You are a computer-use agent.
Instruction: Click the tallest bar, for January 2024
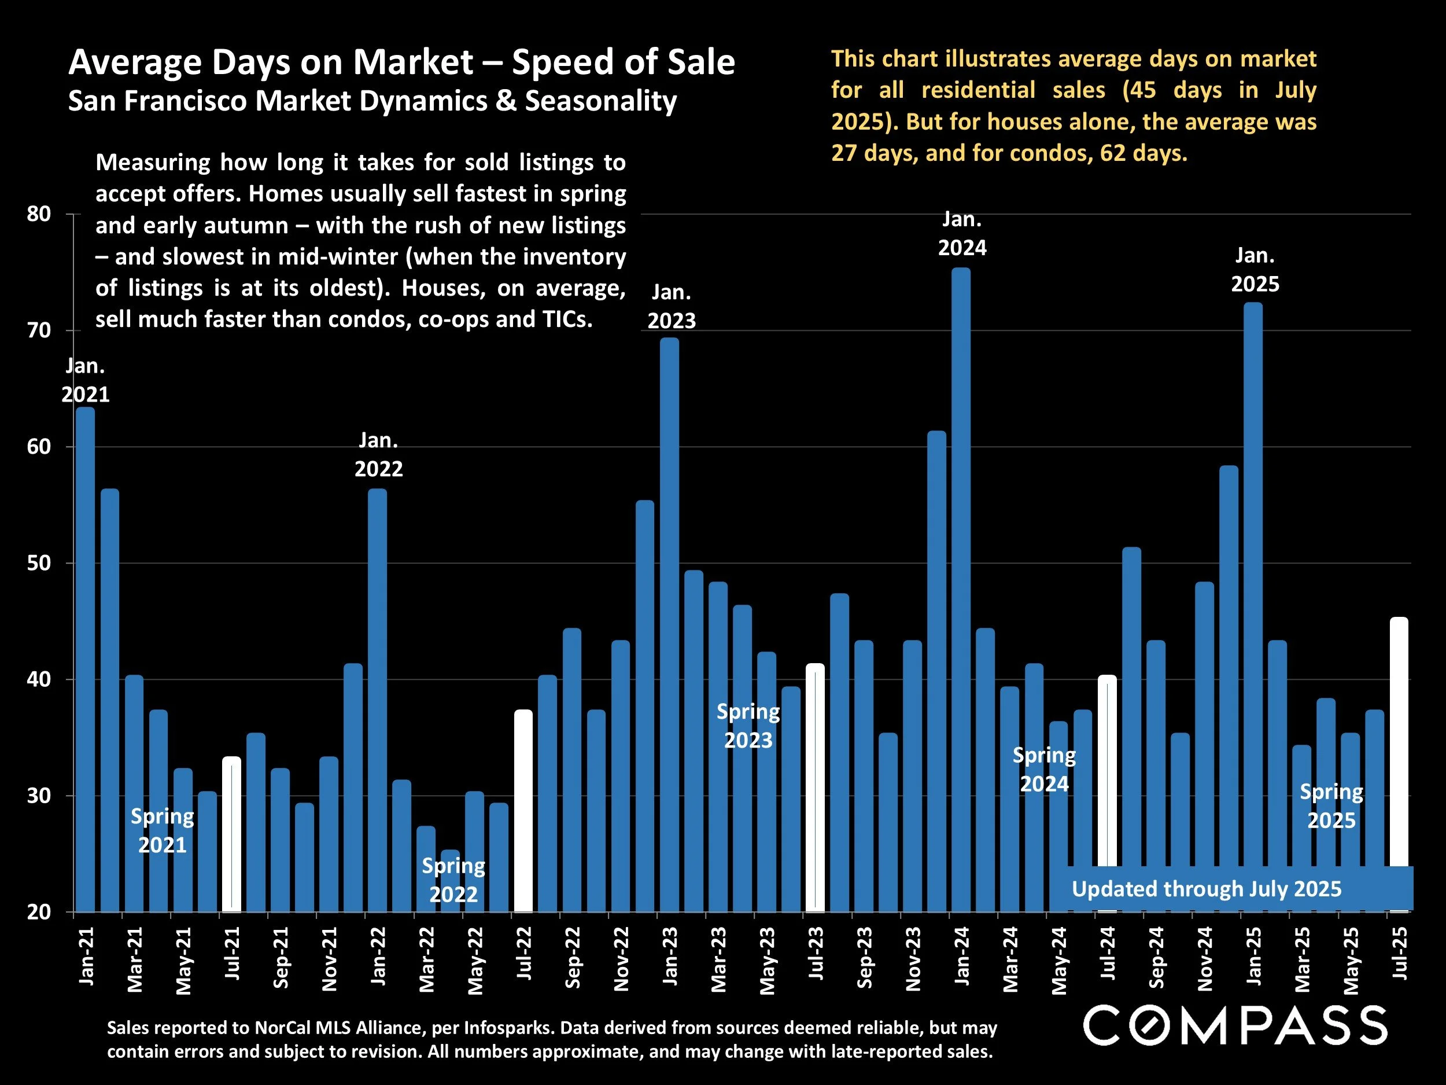click(961, 589)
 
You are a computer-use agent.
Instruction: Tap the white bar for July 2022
click(523, 811)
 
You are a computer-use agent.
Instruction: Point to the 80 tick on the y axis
click(39, 214)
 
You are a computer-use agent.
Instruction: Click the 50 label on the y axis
click(39, 563)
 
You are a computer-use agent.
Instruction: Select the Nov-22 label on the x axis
click(621, 959)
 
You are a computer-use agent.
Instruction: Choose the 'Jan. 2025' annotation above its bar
click(1255, 270)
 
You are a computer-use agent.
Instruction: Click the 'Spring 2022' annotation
click(453, 880)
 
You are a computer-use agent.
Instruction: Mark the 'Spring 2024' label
click(1044, 769)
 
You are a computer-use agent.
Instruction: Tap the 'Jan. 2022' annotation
click(378, 454)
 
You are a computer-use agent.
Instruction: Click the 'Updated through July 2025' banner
click(1206, 889)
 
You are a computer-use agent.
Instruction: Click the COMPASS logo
click(1235, 1025)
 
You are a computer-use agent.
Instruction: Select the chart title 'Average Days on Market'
click(402, 62)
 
